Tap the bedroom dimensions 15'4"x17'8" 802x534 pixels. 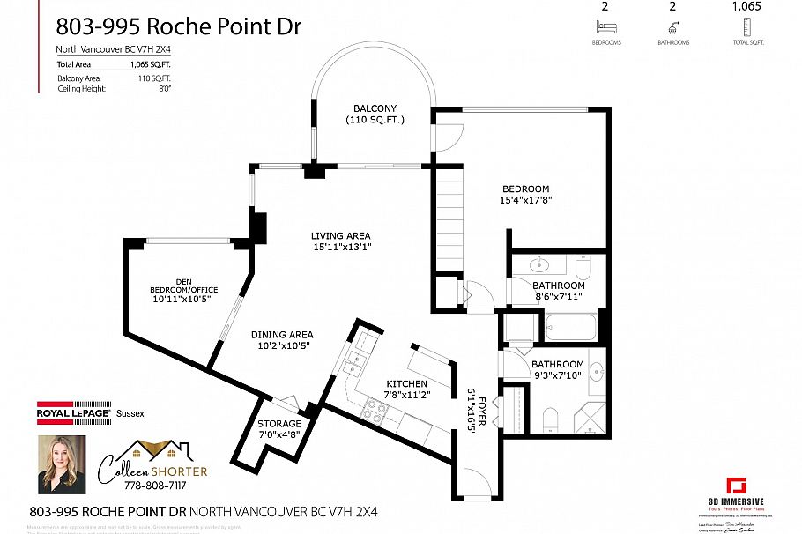[x=526, y=200]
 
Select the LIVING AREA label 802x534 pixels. [x=340, y=235]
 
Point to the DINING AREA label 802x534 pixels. [x=282, y=334]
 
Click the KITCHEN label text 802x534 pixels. [x=406, y=383]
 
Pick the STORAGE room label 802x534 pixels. [x=279, y=424]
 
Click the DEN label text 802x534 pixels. [x=183, y=281]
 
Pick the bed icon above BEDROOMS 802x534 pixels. [x=605, y=28]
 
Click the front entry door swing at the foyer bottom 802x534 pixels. [x=474, y=484]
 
